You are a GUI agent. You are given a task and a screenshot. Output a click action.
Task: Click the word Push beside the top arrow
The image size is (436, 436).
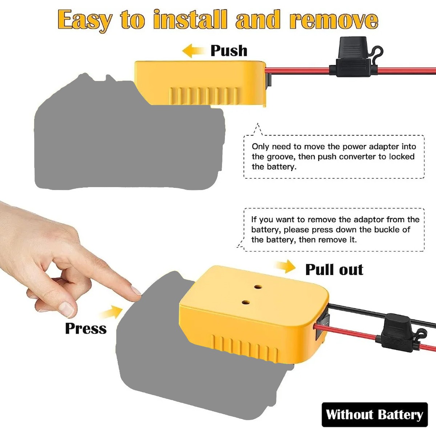click(x=229, y=51)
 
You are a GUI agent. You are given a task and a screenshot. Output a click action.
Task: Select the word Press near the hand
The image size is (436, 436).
click(x=86, y=328)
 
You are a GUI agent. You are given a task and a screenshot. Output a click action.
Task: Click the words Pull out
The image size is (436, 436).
click(x=334, y=270)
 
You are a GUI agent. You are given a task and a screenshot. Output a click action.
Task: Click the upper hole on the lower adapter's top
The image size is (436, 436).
click(x=258, y=287)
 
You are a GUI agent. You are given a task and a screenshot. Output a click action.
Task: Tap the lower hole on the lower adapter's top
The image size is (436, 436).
click(x=246, y=302)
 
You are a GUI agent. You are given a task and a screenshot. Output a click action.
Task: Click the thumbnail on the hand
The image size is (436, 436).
click(x=66, y=309)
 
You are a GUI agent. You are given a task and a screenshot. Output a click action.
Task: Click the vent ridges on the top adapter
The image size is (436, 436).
click(x=203, y=96)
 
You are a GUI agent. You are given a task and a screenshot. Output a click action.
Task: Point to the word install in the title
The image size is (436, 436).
click(x=190, y=20)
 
